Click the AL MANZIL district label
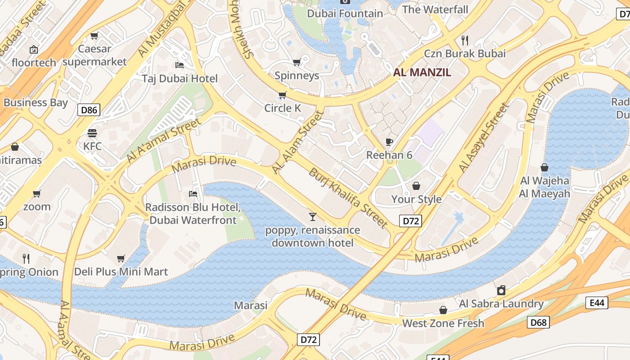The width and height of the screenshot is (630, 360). point(422,72)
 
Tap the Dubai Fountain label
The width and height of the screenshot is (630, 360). point(345,13)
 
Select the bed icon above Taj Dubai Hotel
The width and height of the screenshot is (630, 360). point(180,65)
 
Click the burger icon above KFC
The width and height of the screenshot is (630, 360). point(92,133)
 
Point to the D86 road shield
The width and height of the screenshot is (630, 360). point(89,109)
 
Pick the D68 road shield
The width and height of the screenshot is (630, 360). point(538,322)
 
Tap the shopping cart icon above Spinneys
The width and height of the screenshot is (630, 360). point(297,62)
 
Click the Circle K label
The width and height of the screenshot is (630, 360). point(283,108)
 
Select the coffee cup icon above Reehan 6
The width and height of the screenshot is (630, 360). point(389,142)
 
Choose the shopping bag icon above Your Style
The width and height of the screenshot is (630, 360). point(416,186)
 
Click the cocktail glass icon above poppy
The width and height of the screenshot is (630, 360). point(313,217)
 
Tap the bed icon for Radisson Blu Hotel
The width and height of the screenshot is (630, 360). point(193,194)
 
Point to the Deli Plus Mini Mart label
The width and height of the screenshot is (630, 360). point(121,272)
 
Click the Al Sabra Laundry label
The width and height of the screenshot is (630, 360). point(501,304)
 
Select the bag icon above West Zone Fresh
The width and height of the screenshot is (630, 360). point(443,310)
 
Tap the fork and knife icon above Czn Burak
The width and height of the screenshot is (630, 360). point(465,40)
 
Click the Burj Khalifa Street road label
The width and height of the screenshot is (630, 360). point(348,198)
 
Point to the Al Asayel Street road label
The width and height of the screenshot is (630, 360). point(484,138)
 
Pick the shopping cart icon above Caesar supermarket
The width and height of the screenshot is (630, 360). point(94,36)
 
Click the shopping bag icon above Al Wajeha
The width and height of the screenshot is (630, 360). point(544,167)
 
